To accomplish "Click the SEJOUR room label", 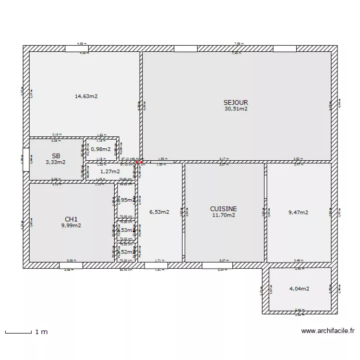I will [x=236, y=102].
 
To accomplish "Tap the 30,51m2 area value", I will [x=236, y=108].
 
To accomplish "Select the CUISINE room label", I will [x=223, y=209].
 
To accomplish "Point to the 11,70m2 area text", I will [x=224, y=215].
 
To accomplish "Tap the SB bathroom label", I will [x=56, y=156].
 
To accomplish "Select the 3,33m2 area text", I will [x=56, y=162].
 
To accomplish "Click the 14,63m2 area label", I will [x=86, y=96].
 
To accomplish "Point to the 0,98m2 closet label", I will [x=100, y=149].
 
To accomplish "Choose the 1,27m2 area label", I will [x=109, y=171].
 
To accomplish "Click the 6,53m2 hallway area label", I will [x=159, y=212].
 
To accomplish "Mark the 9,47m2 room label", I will [x=298, y=212].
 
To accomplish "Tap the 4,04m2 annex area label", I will [x=299, y=289].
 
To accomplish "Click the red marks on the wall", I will [x=138, y=163].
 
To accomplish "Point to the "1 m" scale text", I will [x=41, y=332].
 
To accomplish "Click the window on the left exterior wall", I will [x=25, y=159].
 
